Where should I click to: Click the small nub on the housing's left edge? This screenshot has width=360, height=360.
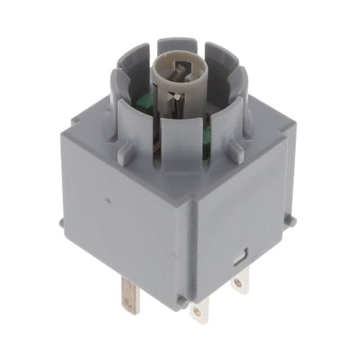[x=61, y=222]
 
